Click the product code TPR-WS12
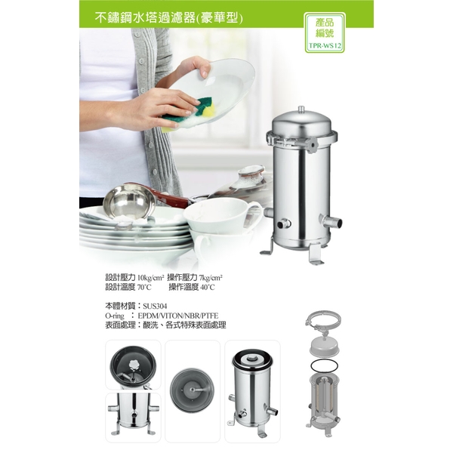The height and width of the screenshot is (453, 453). pos(325,45)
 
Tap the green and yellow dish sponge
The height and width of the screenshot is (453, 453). pos(189,113)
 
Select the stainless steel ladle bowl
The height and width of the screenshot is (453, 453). pos(129,202)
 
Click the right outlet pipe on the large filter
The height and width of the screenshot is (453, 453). pos(332,221)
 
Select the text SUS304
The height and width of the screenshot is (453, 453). pos(155,306)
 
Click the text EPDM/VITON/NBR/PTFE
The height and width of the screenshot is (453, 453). pos(178,316)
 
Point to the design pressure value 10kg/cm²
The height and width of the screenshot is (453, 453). pos(151,278)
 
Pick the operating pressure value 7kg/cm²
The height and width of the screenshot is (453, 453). pos(211,278)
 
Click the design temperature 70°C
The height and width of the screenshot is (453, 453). pos(144,288)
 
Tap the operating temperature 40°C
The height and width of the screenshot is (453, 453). pos(208,288)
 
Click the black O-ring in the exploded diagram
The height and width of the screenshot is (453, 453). pos(325,365)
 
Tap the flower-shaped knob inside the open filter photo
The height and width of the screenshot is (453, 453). pos(134,363)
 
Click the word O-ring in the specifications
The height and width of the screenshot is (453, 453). pos(115,316)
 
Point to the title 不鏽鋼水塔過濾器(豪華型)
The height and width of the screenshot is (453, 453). pos(169,18)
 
